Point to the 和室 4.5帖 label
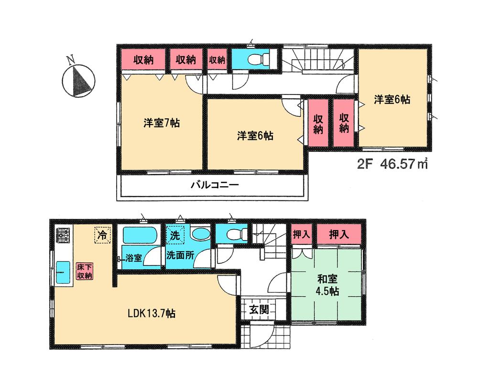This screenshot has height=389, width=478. point(327,285)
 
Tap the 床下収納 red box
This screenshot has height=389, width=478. point(85,271)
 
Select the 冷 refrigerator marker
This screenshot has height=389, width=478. point(102,234)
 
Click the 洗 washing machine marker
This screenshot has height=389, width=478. point(175,235)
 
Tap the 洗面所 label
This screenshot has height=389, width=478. point(180,255)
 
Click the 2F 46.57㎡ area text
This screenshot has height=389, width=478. point(391,165)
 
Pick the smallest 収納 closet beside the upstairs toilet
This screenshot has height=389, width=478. point(217,60)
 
